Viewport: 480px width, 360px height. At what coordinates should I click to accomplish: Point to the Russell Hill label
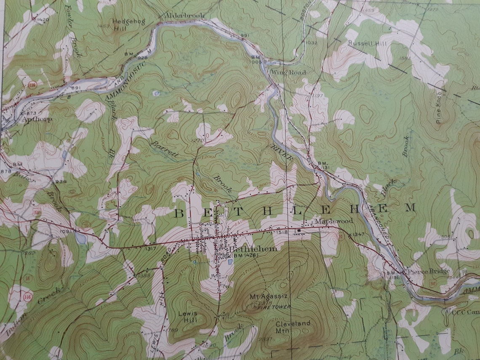(365, 43)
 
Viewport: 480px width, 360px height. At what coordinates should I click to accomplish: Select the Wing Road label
(288, 72)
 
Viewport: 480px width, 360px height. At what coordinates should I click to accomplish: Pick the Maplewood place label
(334, 221)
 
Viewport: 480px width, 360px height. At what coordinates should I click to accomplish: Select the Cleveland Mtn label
(293, 326)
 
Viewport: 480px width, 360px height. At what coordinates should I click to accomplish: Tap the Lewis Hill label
(188, 317)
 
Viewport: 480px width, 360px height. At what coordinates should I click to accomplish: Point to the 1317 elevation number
(150, 249)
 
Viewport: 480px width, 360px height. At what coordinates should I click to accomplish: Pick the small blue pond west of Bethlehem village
(81, 238)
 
